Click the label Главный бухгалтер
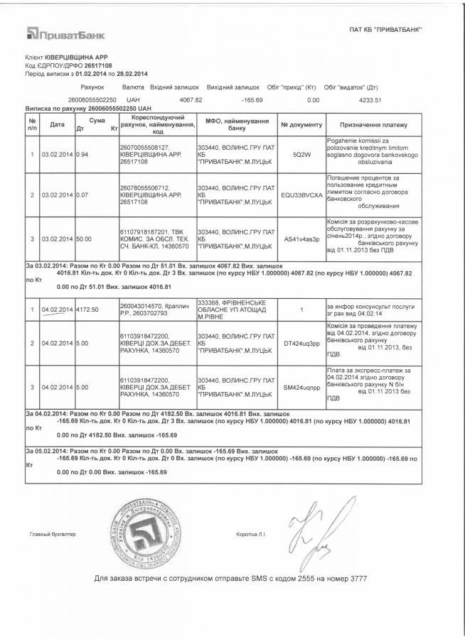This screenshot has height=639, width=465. (52, 533)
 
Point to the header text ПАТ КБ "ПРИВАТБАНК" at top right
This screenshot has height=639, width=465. (386, 29)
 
